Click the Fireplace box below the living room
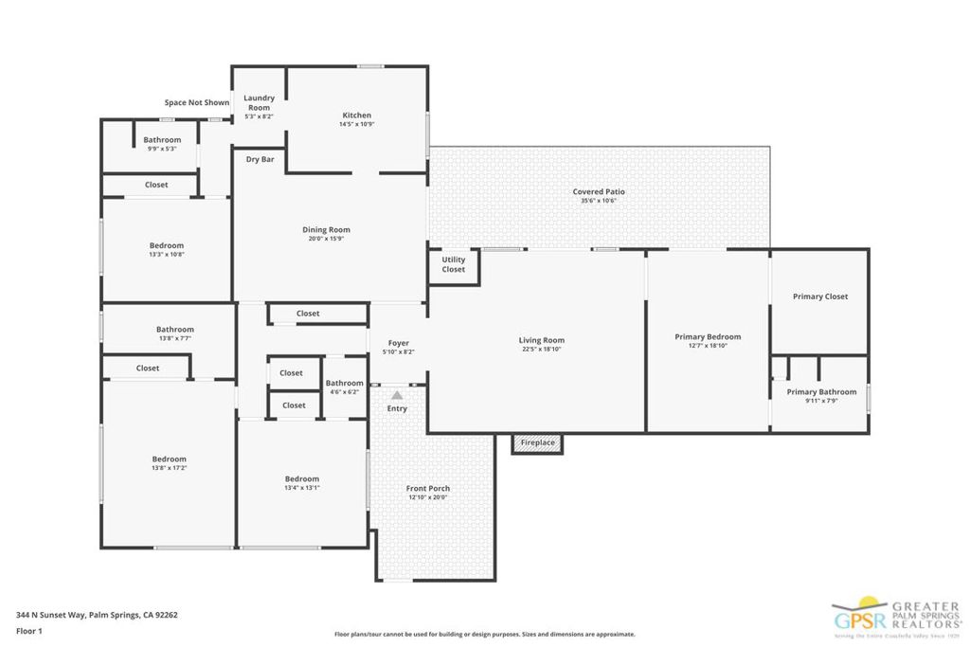tap(537, 442)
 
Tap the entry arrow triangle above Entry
tap(397, 395)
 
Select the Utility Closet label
tap(454, 264)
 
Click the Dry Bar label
tap(260, 159)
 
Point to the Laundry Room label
tap(259, 102)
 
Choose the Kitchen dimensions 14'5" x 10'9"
tap(357, 124)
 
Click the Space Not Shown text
tap(196, 102)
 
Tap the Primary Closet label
tap(819, 297)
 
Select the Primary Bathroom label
tap(821, 392)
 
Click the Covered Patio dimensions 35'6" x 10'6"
tap(599, 201)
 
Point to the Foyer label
tap(398, 343)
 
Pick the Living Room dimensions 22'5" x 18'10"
tap(542, 349)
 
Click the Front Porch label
tap(428, 489)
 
